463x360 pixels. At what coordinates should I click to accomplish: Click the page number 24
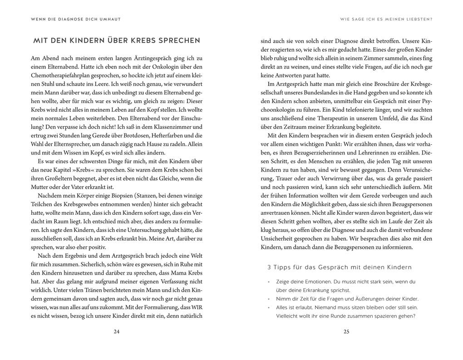pos(116,332)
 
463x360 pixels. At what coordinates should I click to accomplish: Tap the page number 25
pos(346,332)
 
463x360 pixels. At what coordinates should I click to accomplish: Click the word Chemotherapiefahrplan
pos(60,75)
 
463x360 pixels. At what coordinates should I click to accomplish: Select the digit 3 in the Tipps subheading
pos(269,267)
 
